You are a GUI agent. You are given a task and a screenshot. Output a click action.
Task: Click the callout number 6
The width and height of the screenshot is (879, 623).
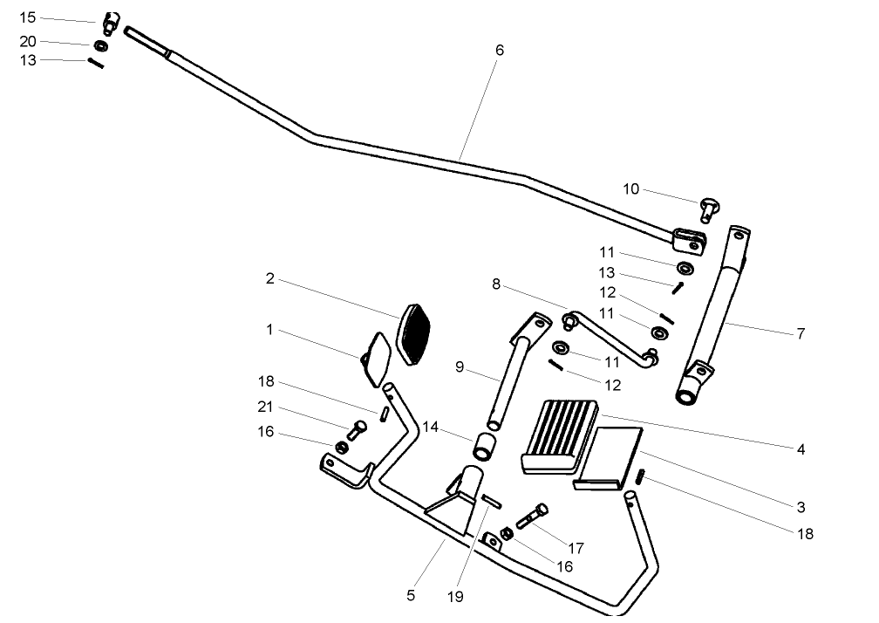[499, 50]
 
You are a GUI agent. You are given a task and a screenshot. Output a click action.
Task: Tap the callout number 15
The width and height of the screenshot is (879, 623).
[28, 17]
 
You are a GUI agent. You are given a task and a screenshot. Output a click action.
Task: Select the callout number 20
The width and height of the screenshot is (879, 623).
[28, 42]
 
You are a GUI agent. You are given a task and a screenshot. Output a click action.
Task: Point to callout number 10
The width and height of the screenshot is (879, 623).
[631, 189]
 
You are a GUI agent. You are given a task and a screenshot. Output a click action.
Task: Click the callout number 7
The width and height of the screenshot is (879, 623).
[801, 333]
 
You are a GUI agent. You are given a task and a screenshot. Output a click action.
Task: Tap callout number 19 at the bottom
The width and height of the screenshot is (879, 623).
[456, 598]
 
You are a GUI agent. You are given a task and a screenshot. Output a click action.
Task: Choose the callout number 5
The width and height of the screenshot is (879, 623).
[411, 596]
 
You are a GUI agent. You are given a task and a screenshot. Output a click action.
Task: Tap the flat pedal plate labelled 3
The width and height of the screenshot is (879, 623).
[609, 456]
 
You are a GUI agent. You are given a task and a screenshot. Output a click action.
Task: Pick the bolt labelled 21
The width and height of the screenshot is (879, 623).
[356, 429]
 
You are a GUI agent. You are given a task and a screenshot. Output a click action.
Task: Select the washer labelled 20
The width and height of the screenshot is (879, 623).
[101, 44]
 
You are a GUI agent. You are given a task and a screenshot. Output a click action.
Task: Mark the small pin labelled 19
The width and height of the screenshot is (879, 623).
[491, 501]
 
